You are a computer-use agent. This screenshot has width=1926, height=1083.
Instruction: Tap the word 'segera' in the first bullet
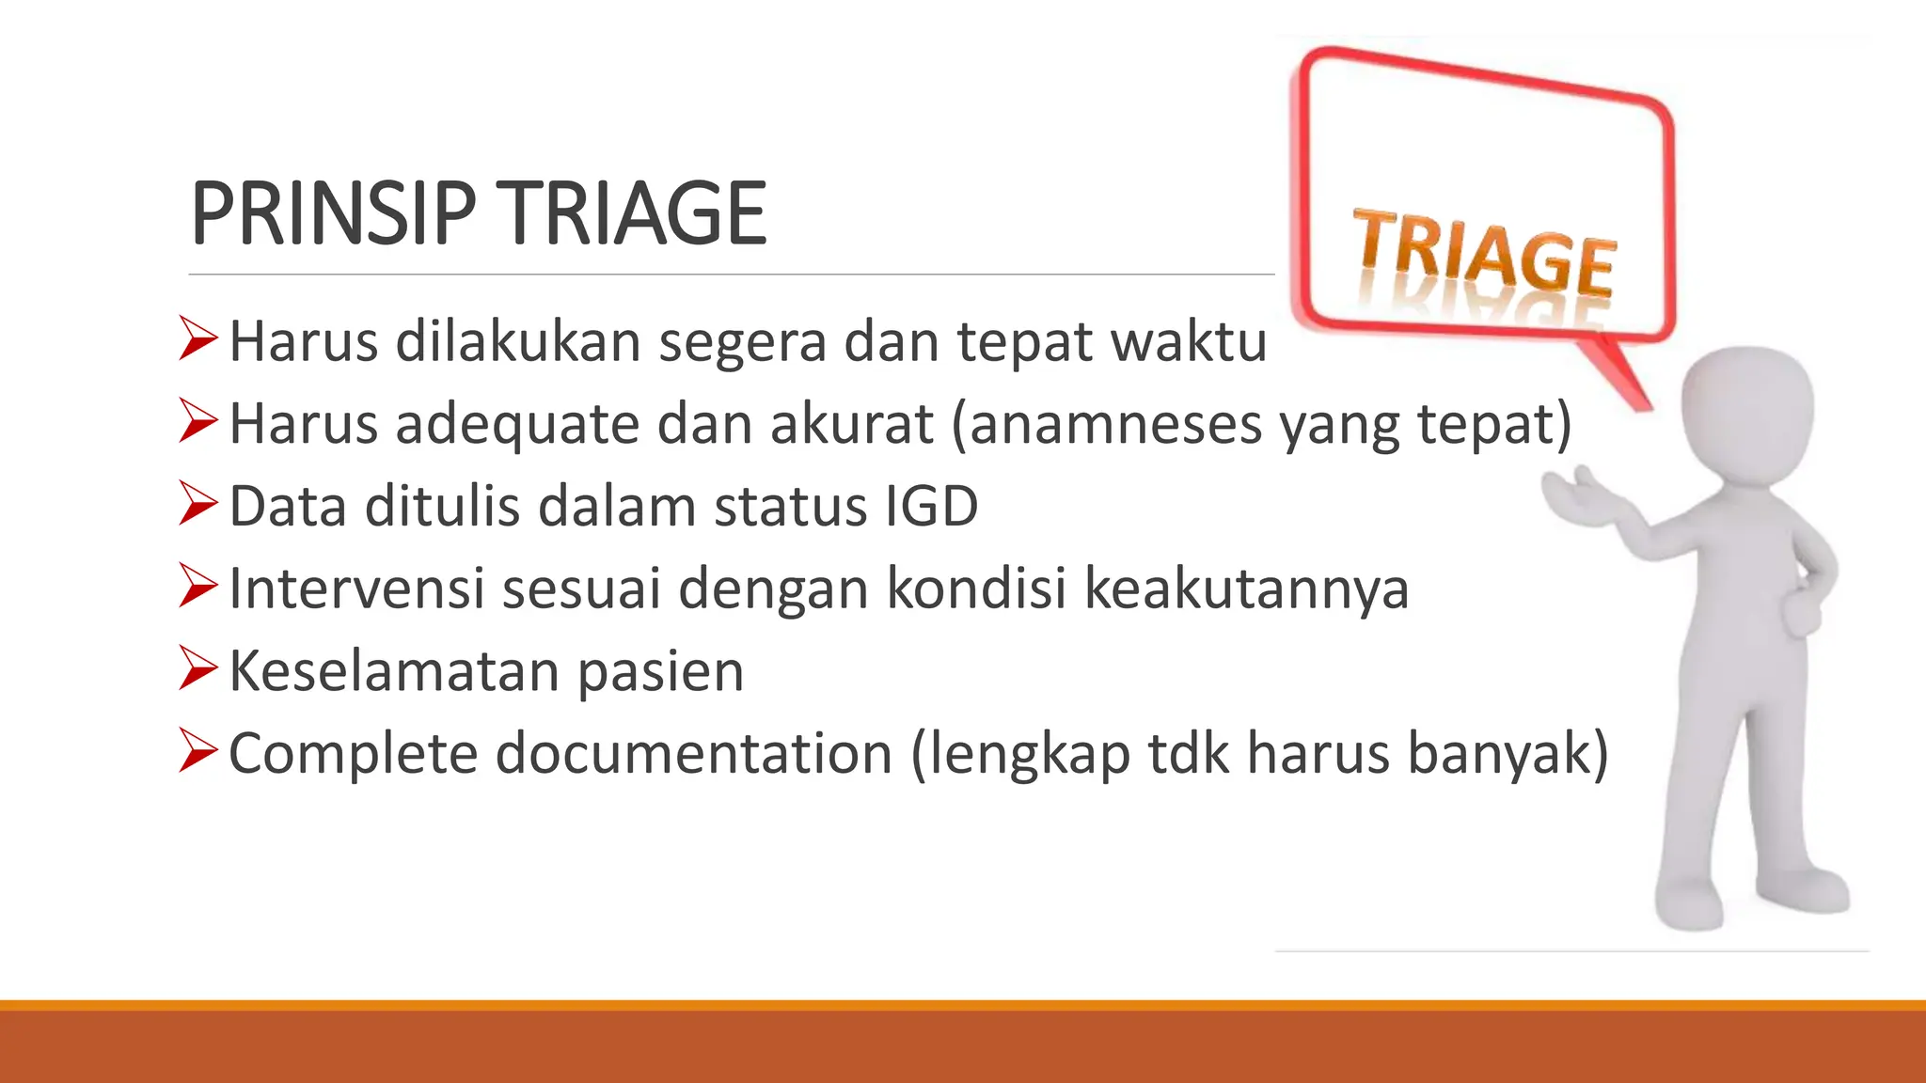point(742,341)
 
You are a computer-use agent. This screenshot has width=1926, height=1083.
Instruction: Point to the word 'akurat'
point(852,424)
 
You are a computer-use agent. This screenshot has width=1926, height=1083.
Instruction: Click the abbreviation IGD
point(931,507)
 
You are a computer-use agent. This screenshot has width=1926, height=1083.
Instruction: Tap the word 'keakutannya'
point(1246,589)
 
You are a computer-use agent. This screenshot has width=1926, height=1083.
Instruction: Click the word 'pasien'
point(660,672)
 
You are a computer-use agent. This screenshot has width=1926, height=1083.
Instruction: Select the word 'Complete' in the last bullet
point(353,754)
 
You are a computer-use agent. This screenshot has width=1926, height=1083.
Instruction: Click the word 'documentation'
point(694,754)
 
